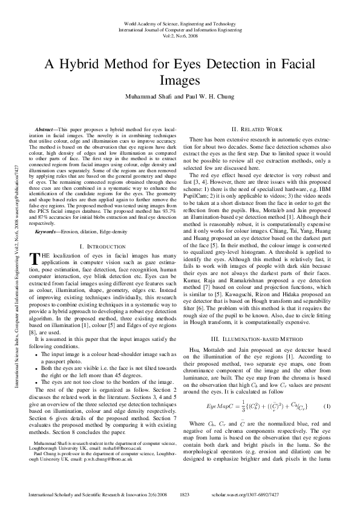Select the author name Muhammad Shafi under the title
[x=149, y=96]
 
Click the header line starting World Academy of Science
[x=180, y=21]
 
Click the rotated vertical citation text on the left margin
[x=11, y=254]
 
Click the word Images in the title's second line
[x=180, y=80]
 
